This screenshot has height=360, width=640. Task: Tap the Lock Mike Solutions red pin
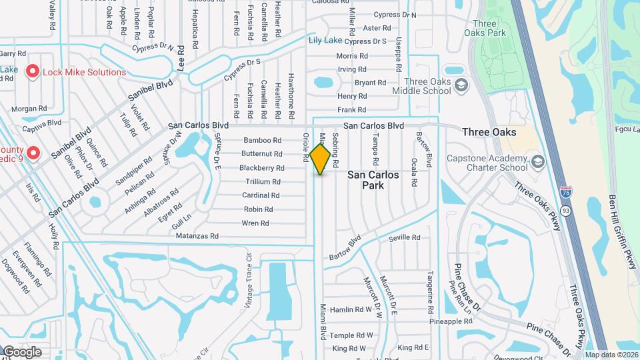pos(31,71)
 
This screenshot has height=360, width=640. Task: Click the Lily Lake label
pos(325,41)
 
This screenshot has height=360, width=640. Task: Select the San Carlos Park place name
pos(373,179)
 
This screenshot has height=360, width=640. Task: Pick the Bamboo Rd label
pos(262,141)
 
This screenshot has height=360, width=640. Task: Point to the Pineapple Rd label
pos(450,321)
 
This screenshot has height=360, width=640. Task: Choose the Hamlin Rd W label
pos(351,309)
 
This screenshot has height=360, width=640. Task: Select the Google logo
pos(22,352)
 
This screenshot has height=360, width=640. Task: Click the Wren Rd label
pos(255,223)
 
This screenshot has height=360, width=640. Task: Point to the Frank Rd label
pos(352,109)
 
